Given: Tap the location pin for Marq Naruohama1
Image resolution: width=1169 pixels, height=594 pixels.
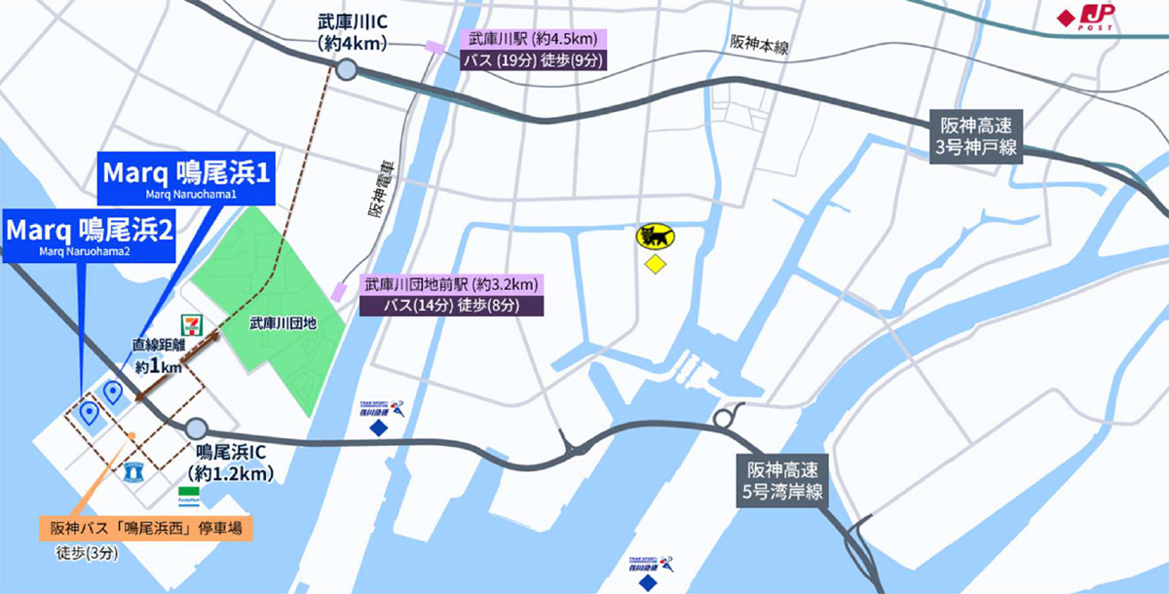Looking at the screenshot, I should coord(113,391).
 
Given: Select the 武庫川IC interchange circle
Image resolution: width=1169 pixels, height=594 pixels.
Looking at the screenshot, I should coord(348,69).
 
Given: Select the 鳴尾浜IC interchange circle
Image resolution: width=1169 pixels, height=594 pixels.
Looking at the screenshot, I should coord(196,427).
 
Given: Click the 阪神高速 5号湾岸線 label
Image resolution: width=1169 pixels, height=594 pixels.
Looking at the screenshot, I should coord(780,481).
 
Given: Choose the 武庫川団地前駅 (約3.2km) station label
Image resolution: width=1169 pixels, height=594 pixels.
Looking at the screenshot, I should coord(451,285).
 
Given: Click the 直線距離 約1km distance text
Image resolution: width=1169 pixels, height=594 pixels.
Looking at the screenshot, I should coord(158,357).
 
